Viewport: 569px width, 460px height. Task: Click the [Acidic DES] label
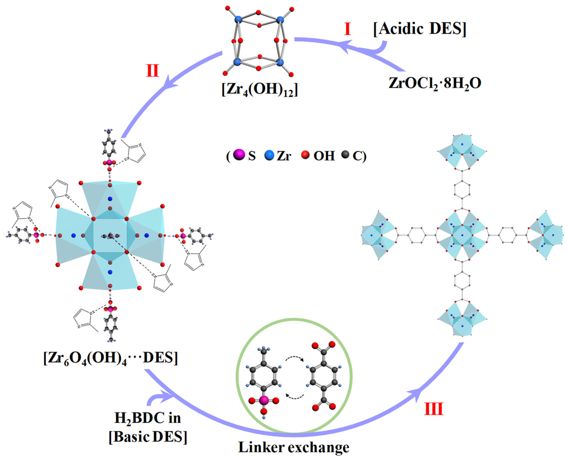(419, 29)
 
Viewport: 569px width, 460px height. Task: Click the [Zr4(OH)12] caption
(260, 90)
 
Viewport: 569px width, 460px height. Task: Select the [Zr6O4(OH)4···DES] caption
(110, 359)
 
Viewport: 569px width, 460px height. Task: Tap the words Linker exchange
(294, 447)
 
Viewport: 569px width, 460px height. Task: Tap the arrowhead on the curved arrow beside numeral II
(167, 83)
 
